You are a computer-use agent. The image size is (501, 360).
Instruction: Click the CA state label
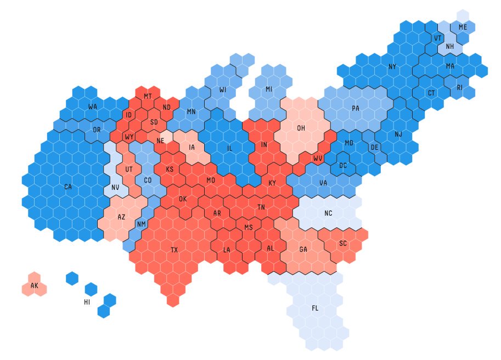pyautogui.click(x=68, y=187)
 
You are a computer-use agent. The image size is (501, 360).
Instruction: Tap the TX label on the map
pyautogui.click(x=174, y=250)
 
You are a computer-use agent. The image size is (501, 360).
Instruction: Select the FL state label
pyautogui.click(x=315, y=308)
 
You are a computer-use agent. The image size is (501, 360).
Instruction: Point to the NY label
pyautogui.click(x=392, y=67)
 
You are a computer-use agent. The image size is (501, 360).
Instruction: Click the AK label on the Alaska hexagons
pyautogui.click(x=35, y=286)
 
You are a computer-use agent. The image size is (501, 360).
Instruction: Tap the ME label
pyautogui.click(x=463, y=27)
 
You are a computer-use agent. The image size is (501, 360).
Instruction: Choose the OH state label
pyautogui.click(x=301, y=128)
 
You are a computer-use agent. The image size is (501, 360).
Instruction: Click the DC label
pyautogui.click(x=343, y=165)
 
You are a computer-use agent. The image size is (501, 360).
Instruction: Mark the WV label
pyautogui.click(x=318, y=159)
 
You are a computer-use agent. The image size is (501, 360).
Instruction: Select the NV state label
pyautogui.click(x=115, y=187)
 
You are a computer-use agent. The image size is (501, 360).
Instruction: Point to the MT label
pyautogui.click(x=148, y=97)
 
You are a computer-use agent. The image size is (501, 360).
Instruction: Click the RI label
pyautogui.click(x=459, y=87)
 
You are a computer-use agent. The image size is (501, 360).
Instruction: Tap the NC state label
pyautogui.click(x=329, y=213)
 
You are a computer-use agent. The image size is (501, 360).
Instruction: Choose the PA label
pyautogui.click(x=356, y=109)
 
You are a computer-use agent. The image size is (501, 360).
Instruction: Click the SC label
pyautogui.click(x=343, y=243)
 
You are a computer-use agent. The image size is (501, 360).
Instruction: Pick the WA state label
pyautogui.click(x=93, y=106)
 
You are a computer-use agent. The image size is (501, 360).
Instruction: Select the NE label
pyautogui.click(x=160, y=141)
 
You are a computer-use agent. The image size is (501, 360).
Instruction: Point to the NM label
pyautogui.click(x=142, y=224)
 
